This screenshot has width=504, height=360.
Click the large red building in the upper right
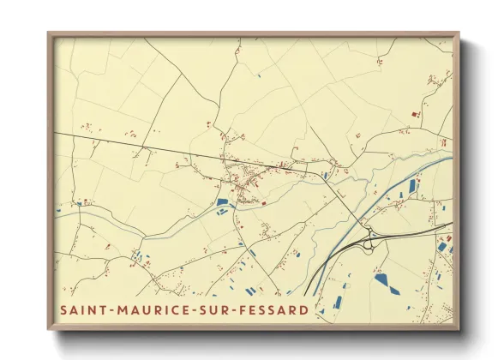coord(417,113)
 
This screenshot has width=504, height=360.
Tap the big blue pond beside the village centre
coord(223,201)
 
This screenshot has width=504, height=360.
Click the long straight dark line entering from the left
coord(129,144)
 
